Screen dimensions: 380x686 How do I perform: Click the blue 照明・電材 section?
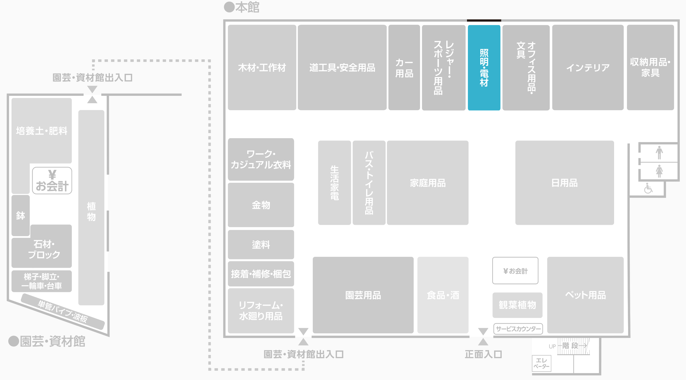pos(484,68)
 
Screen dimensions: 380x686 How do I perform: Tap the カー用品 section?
pos(404,68)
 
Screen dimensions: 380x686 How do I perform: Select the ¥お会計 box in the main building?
pos(515,271)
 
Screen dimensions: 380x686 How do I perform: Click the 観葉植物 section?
pos(517,305)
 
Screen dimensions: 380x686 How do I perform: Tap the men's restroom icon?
pos(659,153)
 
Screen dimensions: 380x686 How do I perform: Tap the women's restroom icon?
pos(659,171)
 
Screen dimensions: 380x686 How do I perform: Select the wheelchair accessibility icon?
pos(648,189)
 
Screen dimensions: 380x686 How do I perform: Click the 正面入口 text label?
pos(483,354)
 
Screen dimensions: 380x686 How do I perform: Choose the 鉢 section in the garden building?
pos(20,215)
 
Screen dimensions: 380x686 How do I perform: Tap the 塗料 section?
pos(261,244)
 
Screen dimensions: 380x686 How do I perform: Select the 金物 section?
pos(261,205)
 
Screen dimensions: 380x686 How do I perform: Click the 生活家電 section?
pos(334,183)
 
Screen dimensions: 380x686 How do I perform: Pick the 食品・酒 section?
pos(443,295)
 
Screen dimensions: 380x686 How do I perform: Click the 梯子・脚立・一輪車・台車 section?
pos(42,281)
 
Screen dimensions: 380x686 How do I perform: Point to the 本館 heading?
pos(247,7)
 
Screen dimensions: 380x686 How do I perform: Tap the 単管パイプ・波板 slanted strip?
pos(63,311)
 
